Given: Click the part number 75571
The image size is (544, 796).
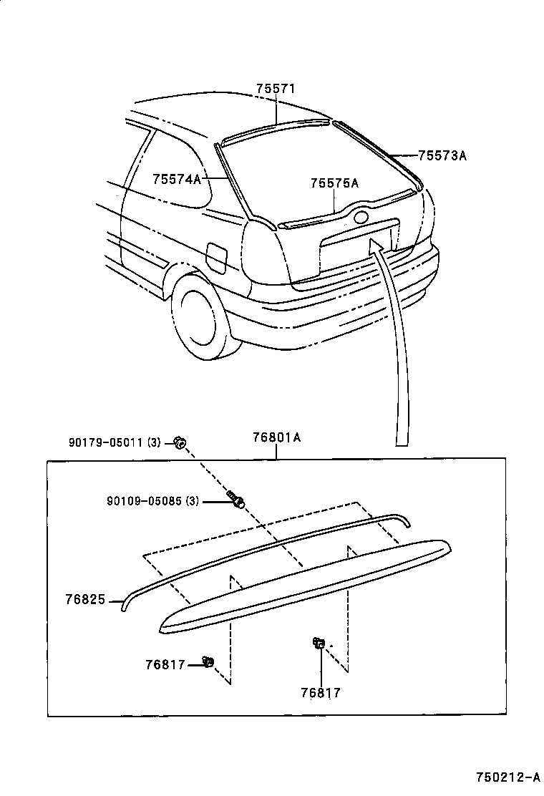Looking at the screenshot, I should click(276, 89).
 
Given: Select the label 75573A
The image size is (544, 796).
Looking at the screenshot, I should click(442, 155).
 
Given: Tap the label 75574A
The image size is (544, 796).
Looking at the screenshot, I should click(176, 179).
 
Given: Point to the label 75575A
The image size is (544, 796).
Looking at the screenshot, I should click(334, 183).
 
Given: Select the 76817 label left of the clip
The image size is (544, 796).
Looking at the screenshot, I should click(165, 665).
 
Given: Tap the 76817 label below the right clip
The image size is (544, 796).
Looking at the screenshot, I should click(321, 692).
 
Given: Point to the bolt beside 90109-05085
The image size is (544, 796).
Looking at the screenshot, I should click(235, 500).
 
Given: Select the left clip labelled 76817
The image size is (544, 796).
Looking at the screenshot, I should click(209, 661).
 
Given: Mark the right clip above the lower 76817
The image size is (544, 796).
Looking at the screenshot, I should click(318, 644).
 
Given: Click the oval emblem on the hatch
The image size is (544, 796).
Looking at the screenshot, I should click(361, 216).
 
